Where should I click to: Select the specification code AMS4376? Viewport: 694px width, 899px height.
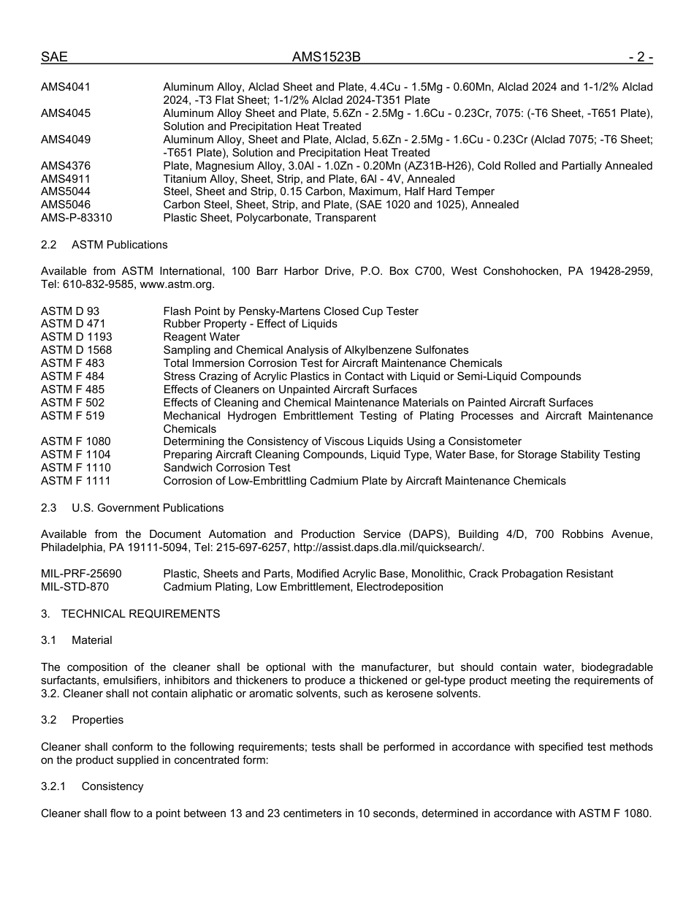click(x=66, y=166)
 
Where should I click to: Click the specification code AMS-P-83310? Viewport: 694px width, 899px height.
click(x=76, y=218)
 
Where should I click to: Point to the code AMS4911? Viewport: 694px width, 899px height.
click(x=66, y=179)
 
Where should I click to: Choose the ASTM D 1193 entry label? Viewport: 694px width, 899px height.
click(x=76, y=337)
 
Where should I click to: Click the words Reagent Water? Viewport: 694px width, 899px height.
click(x=201, y=337)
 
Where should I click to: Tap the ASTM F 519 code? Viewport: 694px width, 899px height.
click(x=72, y=416)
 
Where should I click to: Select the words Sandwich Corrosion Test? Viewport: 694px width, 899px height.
click(x=226, y=468)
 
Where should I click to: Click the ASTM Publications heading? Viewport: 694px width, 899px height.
click(x=120, y=245)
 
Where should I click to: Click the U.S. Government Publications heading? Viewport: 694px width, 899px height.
click(x=148, y=508)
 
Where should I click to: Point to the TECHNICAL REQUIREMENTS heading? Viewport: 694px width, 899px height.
click(x=140, y=614)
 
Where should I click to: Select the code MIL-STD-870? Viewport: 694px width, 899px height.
click(x=75, y=587)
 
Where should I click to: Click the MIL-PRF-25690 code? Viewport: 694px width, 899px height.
click(x=81, y=574)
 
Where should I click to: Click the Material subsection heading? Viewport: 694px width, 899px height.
click(x=92, y=640)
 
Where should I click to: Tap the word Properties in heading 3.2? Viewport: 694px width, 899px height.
click(x=97, y=720)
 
